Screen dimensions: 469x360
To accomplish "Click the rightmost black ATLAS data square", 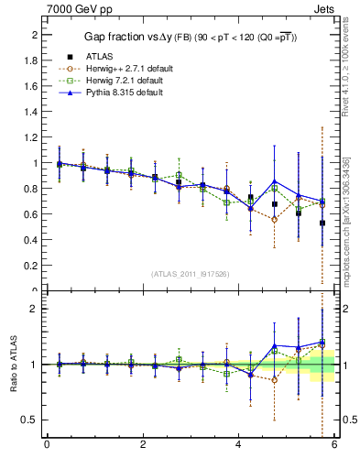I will [x=322, y=223].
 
